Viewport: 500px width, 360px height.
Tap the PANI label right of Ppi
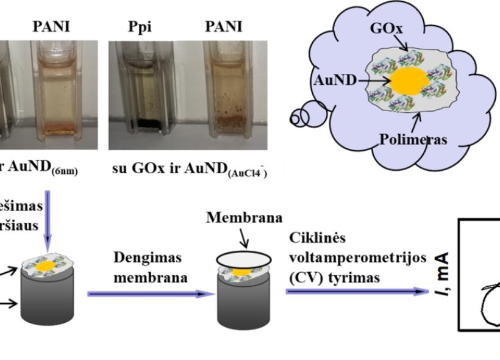[x=223, y=27]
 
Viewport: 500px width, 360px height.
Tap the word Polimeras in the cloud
[x=413, y=139]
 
